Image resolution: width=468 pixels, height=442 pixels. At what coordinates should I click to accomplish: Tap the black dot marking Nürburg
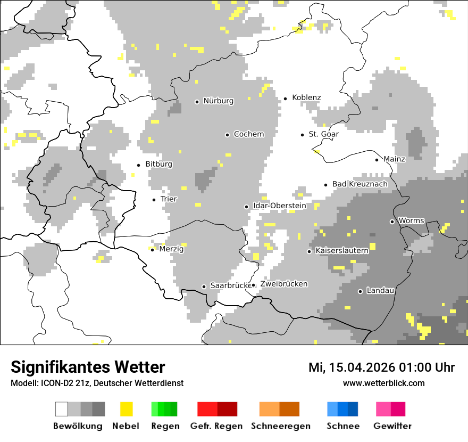point(197,101)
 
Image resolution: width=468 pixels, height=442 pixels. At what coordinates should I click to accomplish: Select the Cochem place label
point(248,134)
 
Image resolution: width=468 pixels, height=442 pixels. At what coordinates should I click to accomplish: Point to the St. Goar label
point(323,134)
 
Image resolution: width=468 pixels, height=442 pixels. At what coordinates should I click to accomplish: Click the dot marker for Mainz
point(377,160)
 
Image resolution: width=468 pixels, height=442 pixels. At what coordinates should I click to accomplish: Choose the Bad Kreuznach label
point(360,184)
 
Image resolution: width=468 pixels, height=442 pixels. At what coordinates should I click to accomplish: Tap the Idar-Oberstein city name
point(279,206)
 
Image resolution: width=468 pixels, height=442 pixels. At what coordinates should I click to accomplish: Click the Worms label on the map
point(411,220)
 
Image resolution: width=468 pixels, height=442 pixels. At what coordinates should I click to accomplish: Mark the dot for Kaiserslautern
point(309,251)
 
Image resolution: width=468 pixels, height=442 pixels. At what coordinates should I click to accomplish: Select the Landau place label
point(380,291)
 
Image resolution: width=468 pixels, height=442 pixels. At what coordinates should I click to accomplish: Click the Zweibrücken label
point(283,284)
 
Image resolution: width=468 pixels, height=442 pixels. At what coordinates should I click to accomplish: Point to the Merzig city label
point(171,249)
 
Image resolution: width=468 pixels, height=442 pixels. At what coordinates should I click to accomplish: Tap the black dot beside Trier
point(154,200)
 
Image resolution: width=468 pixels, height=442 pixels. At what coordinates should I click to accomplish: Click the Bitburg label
point(158,164)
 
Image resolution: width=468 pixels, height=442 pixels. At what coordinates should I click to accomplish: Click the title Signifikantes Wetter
point(88,367)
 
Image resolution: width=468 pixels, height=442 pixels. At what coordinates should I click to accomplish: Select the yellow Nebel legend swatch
point(126,409)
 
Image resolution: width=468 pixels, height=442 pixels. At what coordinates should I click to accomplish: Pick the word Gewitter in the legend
point(392,426)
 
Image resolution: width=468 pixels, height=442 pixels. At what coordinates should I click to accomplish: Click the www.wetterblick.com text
point(383,383)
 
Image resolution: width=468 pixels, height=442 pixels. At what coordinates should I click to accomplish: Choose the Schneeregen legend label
point(281,426)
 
